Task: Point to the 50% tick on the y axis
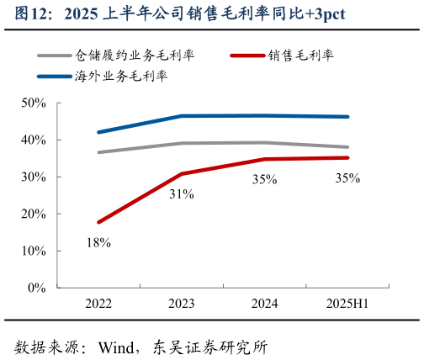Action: pyautogui.click(x=34, y=103)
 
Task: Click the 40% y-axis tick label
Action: pyautogui.click(x=34, y=140)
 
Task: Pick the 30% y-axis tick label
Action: pyautogui.click(x=34, y=177)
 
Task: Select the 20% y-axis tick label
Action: pyautogui.click(x=34, y=214)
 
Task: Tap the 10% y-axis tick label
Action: pyautogui.click(x=34, y=251)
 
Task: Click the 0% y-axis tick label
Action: pyautogui.click(x=37, y=288)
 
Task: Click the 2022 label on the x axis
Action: pyautogui.click(x=98, y=304)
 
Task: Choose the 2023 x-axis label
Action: pyautogui.click(x=182, y=304)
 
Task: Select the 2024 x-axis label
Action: pyautogui.click(x=265, y=304)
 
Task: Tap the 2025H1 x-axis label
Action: pyautogui.click(x=347, y=304)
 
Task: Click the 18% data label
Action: pyautogui.click(x=98, y=243)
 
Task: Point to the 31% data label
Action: pyautogui.click(x=182, y=194)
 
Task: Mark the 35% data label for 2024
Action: pyautogui.click(x=265, y=178)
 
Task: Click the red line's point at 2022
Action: pyautogui.click(x=98, y=222)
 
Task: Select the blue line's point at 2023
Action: pyautogui.click(x=182, y=116)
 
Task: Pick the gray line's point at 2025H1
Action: pyautogui.click(x=347, y=147)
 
